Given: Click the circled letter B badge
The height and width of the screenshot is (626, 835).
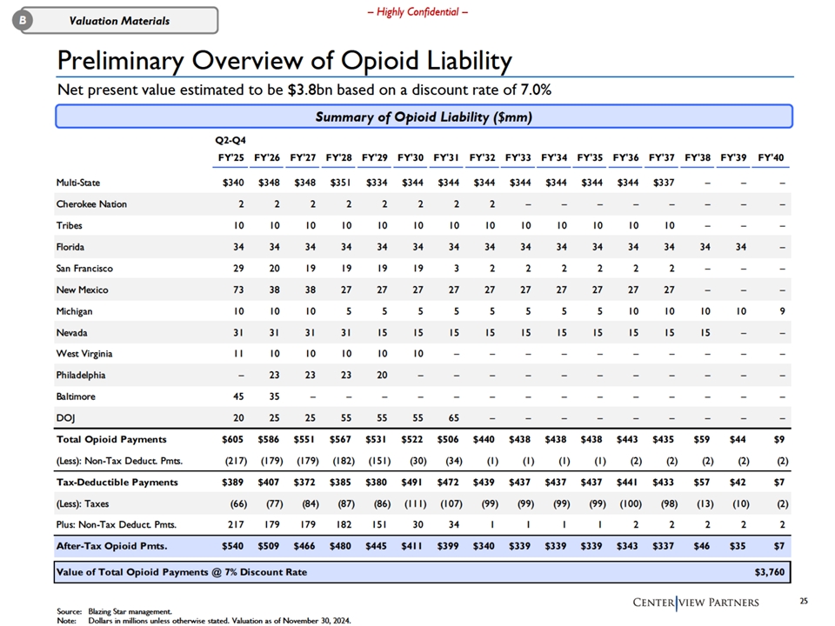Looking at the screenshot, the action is (23, 20).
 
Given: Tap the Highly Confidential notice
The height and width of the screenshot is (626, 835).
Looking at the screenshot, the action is (417, 11).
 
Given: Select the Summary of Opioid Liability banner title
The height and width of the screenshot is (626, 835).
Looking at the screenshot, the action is (424, 117).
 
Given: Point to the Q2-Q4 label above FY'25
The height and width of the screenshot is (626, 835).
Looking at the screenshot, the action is (230, 140).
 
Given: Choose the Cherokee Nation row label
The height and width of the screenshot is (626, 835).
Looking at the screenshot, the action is (91, 203).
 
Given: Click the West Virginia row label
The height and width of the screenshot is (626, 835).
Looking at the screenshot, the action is (84, 354).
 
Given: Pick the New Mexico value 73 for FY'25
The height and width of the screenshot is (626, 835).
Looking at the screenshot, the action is (238, 290).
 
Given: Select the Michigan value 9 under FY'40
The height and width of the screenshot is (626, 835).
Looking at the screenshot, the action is (782, 311).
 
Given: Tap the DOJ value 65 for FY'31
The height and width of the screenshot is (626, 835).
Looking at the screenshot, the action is (454, 418).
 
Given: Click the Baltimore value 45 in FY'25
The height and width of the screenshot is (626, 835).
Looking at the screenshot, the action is (238, 396).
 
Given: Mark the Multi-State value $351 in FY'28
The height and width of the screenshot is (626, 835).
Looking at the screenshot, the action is (340, 183).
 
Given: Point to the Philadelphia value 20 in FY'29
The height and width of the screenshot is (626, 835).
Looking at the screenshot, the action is (383, 375).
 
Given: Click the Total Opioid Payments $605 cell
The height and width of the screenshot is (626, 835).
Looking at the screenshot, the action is (233, 439).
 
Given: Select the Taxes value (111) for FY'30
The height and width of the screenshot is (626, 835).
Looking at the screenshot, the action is (417, 503).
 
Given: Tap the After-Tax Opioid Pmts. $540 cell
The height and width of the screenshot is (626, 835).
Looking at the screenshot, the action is (233, 546).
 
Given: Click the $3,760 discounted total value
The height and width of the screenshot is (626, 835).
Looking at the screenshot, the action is (770, 572).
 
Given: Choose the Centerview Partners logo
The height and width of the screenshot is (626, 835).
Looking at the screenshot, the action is (696, 603).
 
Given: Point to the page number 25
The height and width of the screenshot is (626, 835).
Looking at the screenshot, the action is (804, 601).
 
